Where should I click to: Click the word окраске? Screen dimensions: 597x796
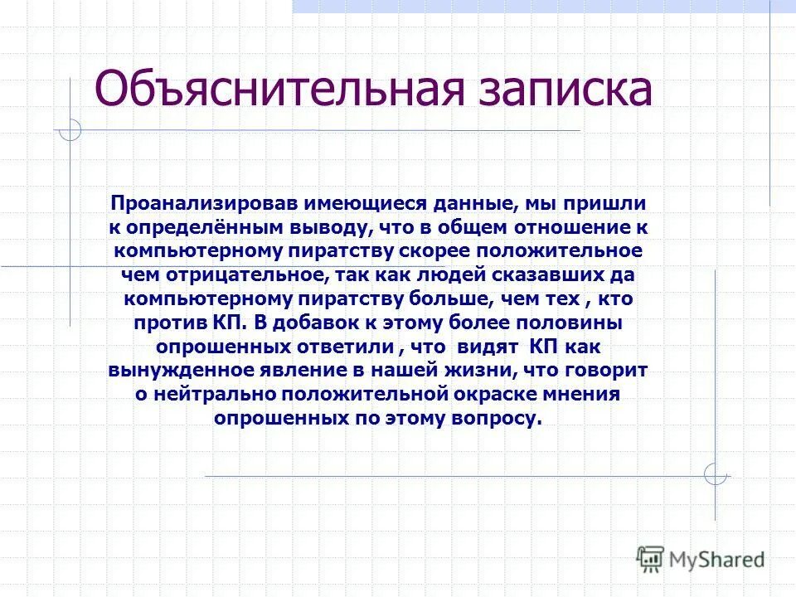518,394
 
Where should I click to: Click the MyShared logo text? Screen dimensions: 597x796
717,559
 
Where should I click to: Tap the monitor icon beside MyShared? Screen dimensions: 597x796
651,559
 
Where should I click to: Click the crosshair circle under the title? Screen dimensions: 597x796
70,131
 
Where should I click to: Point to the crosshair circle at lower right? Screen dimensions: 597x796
716,474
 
